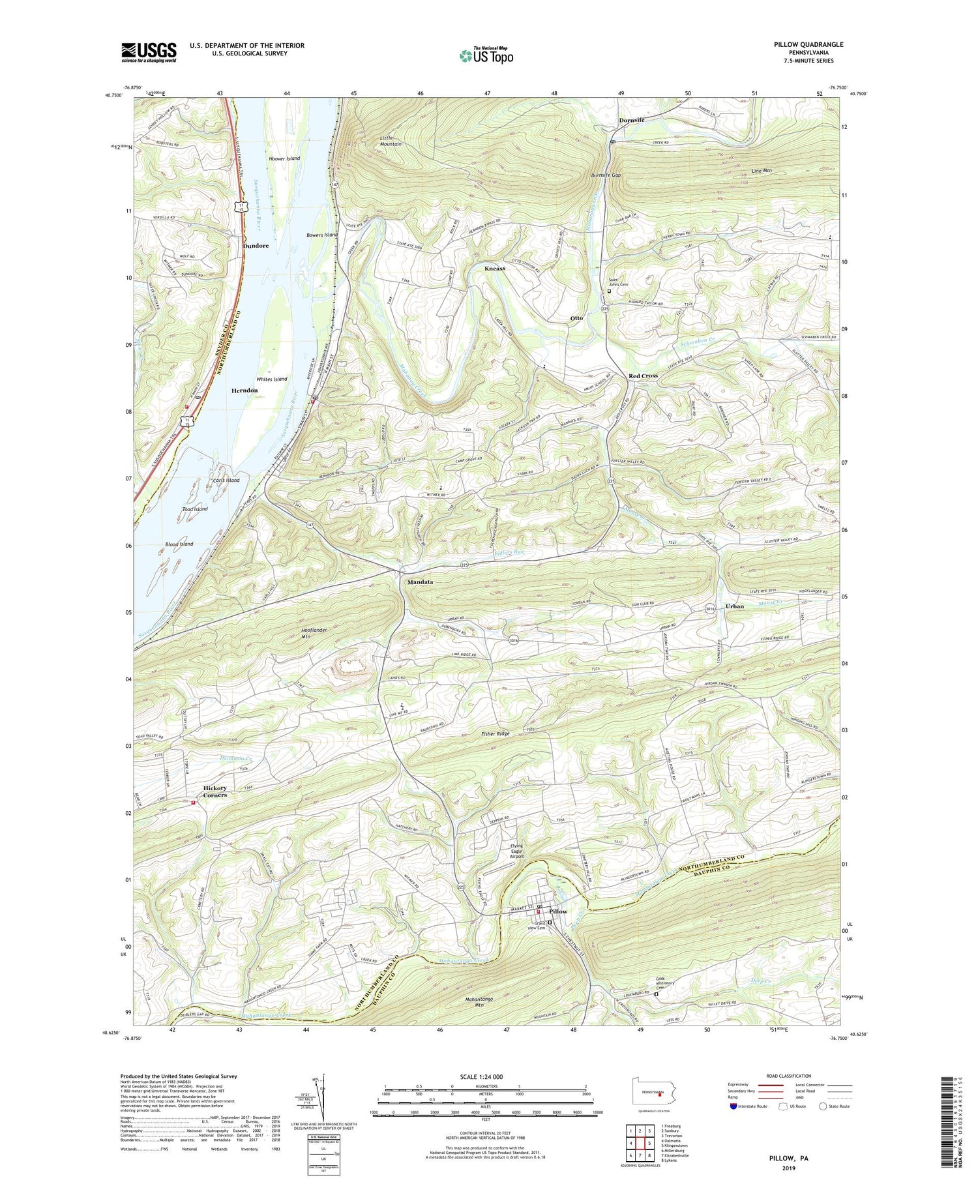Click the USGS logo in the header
point(148,52)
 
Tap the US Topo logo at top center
point(486,56)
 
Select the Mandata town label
point(420,582)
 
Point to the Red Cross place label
point(643,376)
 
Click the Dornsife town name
point(631,121)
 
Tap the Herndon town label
point(244,391)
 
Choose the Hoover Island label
point(284,158)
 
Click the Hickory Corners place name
point(215,791)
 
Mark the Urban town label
point(734,606)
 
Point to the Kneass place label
point(495,269)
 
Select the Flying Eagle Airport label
point(516,851)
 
